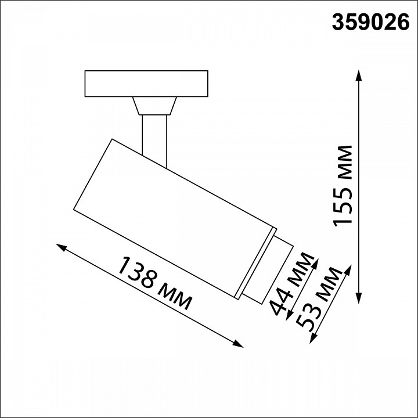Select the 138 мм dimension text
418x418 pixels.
coord(154,283)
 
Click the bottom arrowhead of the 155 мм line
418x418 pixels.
coord(359,297)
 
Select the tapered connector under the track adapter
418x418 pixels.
coord(154,106)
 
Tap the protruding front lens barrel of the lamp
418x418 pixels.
coord(271,271)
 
